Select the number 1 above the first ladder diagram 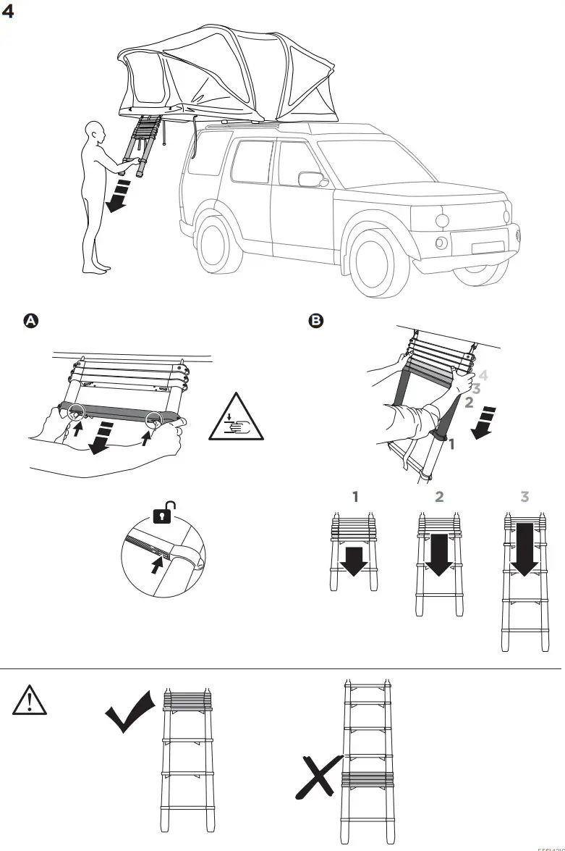[354, 498]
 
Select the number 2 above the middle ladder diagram [439, 498]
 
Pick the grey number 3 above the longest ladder [524, 498]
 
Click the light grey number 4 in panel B [483, 376]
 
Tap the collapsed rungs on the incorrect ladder [368, 780]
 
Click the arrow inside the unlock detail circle [156, 566]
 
